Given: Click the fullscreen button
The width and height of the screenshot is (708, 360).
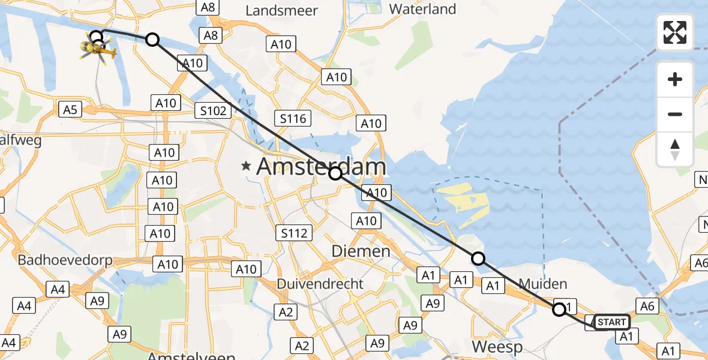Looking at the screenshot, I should (x=675, y=32).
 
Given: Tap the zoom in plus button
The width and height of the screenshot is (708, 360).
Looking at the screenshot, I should (x=675, y=79).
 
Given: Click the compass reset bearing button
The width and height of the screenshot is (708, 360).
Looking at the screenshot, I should (x=675, y=149).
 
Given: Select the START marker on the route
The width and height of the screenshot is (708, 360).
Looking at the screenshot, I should (x=612, y=322).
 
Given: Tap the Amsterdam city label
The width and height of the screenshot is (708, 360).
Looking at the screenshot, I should (x=321, y=167).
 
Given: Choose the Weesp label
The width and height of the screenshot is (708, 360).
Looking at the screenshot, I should (x=497, y=347).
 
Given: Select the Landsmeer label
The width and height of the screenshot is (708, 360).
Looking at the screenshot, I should (x=281, y=11).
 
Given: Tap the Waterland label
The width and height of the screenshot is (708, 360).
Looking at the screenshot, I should (x=422, y=9).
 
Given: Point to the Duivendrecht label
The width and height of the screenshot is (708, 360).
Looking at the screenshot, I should (x=320, y=283).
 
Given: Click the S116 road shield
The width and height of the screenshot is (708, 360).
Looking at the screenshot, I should (x=293, y=118).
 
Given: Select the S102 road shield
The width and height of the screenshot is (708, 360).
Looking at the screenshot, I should (x=214, y=110).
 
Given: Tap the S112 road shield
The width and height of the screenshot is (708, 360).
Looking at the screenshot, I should (x=293, y=233).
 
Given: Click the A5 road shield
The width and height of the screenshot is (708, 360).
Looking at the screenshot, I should (x=70, y=109).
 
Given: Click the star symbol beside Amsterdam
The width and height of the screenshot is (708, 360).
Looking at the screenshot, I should (x=246, y=167).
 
